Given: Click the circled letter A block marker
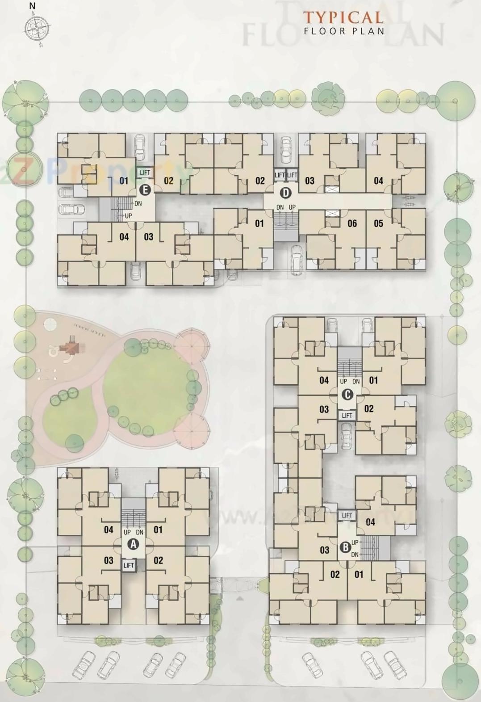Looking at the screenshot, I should tap(133, 544).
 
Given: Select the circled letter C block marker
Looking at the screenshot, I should tap(347, 395).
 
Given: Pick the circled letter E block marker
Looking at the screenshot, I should tap(144, 190).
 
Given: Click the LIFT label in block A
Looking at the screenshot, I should tap(129, 565).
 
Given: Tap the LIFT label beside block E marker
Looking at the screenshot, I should tap(145, 172).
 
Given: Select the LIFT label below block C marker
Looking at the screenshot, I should tap(347, 416).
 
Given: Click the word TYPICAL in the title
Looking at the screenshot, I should tap(343, 17).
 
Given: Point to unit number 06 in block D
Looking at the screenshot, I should tap(352, 223).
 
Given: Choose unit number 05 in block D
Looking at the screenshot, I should tap(378, 223).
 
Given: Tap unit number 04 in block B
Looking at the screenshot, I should tap(370, 521).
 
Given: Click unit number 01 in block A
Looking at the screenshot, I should tap(158, 530).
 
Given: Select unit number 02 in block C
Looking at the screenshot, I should tap(369, 408).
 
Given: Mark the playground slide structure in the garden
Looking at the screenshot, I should tap(68, 347).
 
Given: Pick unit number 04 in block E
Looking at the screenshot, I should tap(124, 236).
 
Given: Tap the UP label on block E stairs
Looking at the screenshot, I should tap(128, 216).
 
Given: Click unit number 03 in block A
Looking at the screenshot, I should tap(109, 560).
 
